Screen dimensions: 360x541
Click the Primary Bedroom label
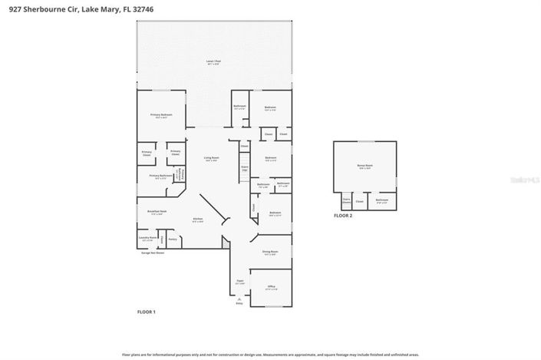click(161, 115)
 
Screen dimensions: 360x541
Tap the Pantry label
click(173, 239)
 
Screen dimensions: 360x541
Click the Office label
click(271, 287)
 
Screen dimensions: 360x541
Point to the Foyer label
click(239, 282)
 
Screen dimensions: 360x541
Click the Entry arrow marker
click(239, 302)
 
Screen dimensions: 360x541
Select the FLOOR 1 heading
click(146, 312)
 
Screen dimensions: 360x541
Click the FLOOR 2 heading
click(343, 216)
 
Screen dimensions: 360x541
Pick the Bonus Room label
click(365, 166)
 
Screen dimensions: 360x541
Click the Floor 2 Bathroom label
click(381, 200)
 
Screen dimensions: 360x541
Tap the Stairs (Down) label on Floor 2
click(347, 202)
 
